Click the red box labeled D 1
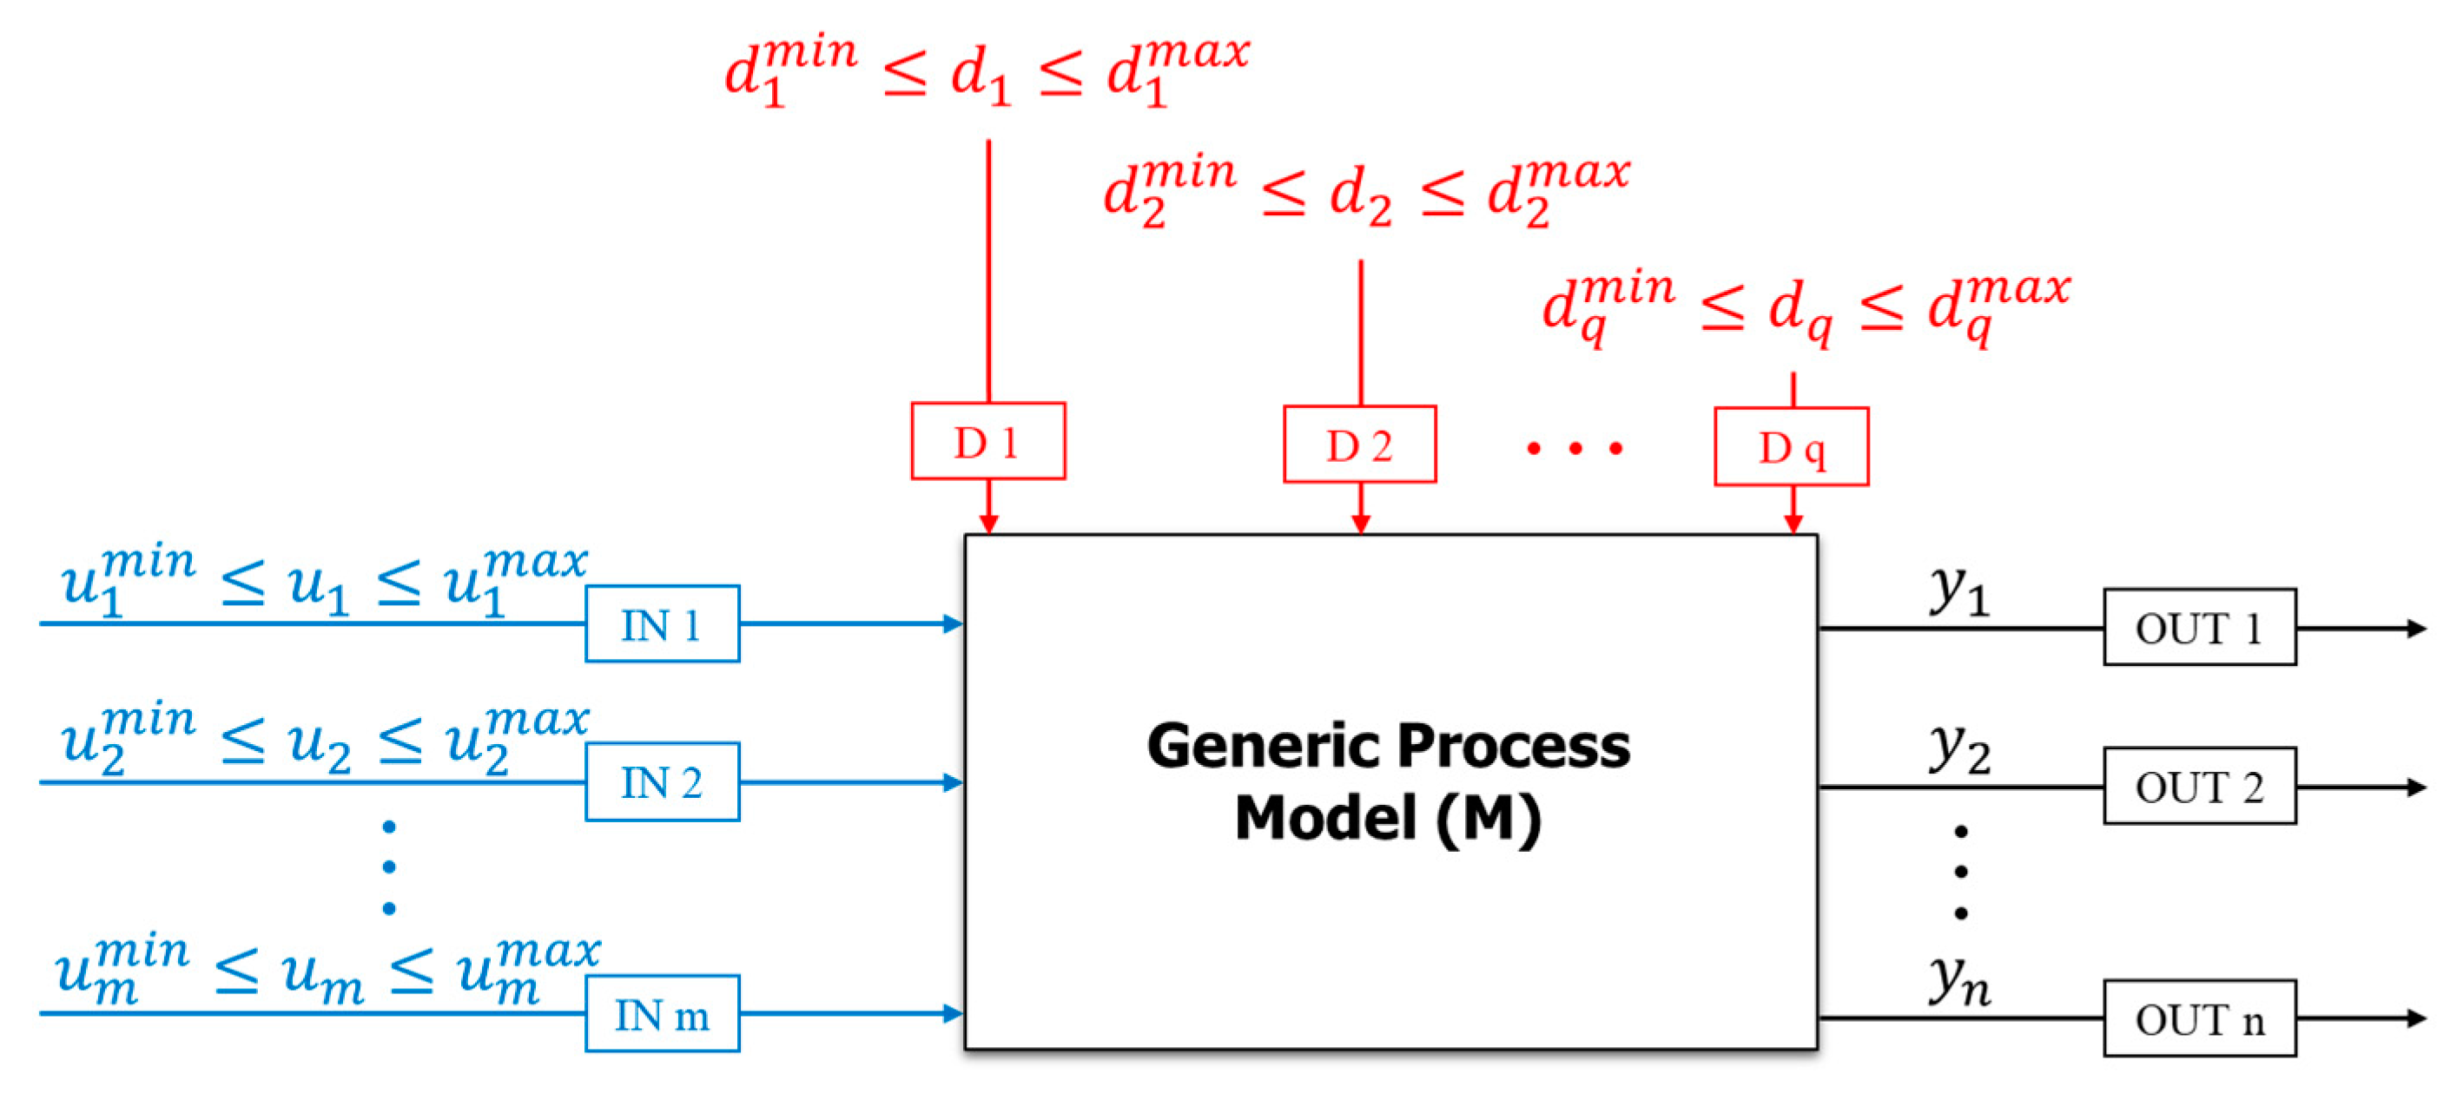point(987,441)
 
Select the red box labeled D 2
point(1359,445)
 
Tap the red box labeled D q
point(1791,447)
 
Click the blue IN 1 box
point(662,624)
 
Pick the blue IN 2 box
point(662,781)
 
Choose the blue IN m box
point(662,1014)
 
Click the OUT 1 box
point(2199,628)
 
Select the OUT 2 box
point(2199,787)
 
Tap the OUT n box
point(2199,1018)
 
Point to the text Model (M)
point(1387,818)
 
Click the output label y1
point(1959,591)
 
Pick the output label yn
point(1959,981)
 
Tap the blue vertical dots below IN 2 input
point(389,866)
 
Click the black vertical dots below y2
point(1960,871)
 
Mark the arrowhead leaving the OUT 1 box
point(2417,628)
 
